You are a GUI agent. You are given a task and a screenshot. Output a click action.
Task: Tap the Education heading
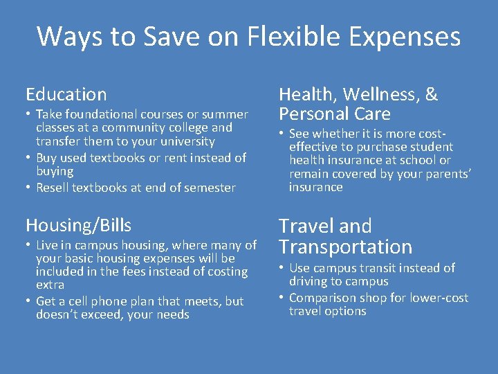click(x=66, y=94)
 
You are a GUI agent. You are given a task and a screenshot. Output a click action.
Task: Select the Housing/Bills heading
click(x=78, y=225)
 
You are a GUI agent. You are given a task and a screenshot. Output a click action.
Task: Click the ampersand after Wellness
click(x=432, y=94)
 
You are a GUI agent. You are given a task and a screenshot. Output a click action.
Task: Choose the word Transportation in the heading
click(x=345, y=247)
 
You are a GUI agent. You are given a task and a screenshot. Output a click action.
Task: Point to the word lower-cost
click(x=434, y=298)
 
